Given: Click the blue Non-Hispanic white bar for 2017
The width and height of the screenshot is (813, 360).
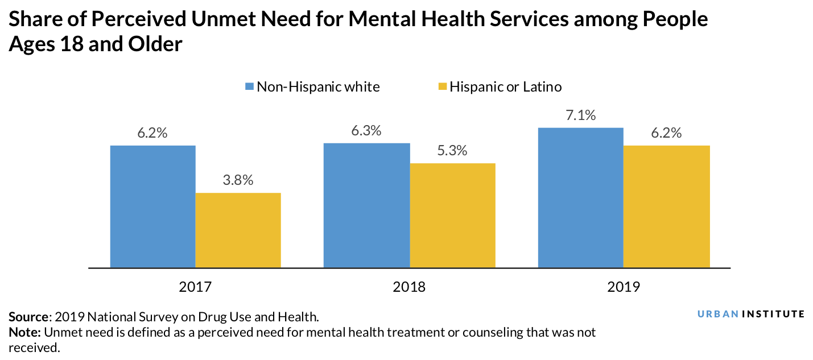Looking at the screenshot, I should click(x=152, y=206).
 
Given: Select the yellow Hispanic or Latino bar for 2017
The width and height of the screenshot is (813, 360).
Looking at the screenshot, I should click(x=238, y=230).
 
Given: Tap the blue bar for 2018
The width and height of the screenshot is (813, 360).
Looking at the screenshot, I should click(x=366, y=205).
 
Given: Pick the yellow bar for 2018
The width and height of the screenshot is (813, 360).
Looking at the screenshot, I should click(x=452, y=215).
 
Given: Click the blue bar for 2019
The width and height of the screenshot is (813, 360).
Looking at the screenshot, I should click(x=581, y=197).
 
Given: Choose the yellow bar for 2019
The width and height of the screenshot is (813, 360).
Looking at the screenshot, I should click(x=667, y=206).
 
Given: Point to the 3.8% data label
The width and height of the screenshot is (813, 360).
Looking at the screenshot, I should click(x=238, y=180).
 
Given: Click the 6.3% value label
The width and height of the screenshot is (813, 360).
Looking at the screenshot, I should click(x=366, y=130).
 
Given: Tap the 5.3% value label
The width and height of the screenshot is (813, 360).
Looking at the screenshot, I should click(x=452, y=151).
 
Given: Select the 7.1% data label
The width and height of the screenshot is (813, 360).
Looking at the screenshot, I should click(x=581, y=115).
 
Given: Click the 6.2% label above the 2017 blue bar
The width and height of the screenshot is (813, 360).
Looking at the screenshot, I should click(x=152, y=133).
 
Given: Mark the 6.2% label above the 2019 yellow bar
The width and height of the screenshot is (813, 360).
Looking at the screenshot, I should click(x=667, y=133).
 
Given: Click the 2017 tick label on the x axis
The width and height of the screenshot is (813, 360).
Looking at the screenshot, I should click(x=195, y=286).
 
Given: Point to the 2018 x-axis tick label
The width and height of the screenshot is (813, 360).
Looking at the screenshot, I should click(x=409, y=286).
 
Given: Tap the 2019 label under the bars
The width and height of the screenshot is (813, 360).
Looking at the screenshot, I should click(x=624, y=286).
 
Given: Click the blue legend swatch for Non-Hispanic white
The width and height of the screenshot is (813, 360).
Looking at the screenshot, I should click(x=249, y=87).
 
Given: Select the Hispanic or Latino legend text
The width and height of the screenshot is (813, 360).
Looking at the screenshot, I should click(x=505, y=87).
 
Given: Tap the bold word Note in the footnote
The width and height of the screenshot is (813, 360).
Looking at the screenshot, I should click(x=24, y=332).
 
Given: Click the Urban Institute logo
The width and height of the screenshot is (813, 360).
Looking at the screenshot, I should click(x=751, y=314).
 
